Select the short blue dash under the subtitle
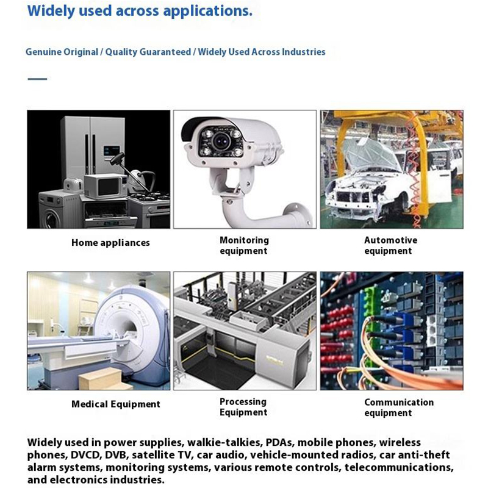tap(37, 79)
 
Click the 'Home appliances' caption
tap(110, 243)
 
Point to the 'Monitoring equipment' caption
tap(244, 246)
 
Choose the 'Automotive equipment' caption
tap(390, 246)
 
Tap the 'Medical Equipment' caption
tap(116, 404)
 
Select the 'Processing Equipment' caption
tap(243, 407)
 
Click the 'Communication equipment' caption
tap(399, 407)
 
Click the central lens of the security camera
tap(221, 140)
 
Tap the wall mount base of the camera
tap(299, 214)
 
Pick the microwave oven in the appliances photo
tap(106, 186)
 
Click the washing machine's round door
tap(52, 218)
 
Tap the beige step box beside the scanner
tap(106, 379)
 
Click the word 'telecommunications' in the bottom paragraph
tap(399, 467)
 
